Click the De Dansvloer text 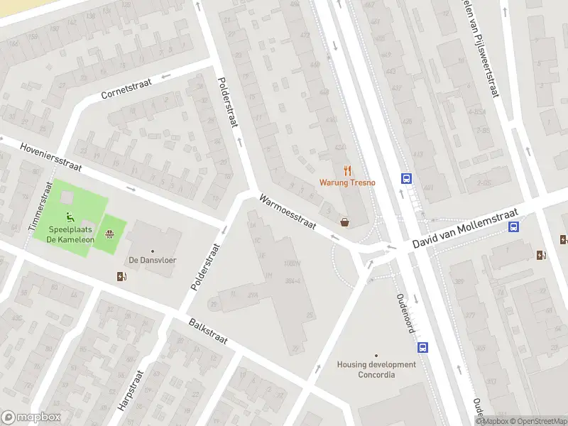152,261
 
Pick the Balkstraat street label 208,332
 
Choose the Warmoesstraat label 287,212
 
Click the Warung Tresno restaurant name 347,182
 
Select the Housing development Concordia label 376,369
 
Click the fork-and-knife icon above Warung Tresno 347,170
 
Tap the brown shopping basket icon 345,222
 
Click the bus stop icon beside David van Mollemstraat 513,227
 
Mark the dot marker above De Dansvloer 152,251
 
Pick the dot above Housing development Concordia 376,356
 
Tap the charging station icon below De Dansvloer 122,276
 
